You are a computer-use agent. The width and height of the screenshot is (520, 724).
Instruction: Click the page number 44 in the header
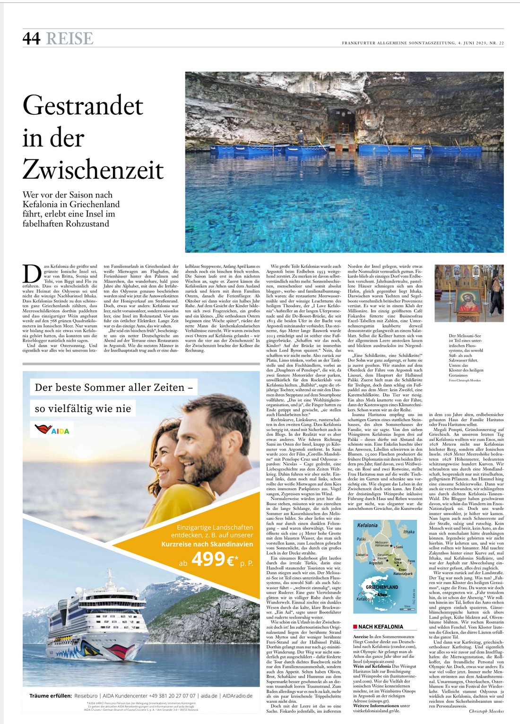[31, 38]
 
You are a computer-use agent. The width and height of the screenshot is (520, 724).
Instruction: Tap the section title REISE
[69, 38]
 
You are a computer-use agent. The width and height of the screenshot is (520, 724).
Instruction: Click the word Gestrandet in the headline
[83, 105]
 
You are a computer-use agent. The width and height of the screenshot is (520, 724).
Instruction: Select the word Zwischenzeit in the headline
[93, 170]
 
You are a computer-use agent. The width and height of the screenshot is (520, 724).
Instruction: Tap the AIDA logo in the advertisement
[52, 430]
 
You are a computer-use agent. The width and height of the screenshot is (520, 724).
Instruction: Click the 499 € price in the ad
[214, 560]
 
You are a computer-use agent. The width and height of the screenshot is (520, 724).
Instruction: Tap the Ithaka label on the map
[408, 532]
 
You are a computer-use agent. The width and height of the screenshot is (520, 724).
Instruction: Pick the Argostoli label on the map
[376, 563]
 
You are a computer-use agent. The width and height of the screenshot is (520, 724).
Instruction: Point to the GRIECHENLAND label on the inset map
[382, 587]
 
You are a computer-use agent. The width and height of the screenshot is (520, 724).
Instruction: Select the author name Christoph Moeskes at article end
[486, 710]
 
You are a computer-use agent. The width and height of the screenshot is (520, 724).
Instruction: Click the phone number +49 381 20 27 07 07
[168, 696]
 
